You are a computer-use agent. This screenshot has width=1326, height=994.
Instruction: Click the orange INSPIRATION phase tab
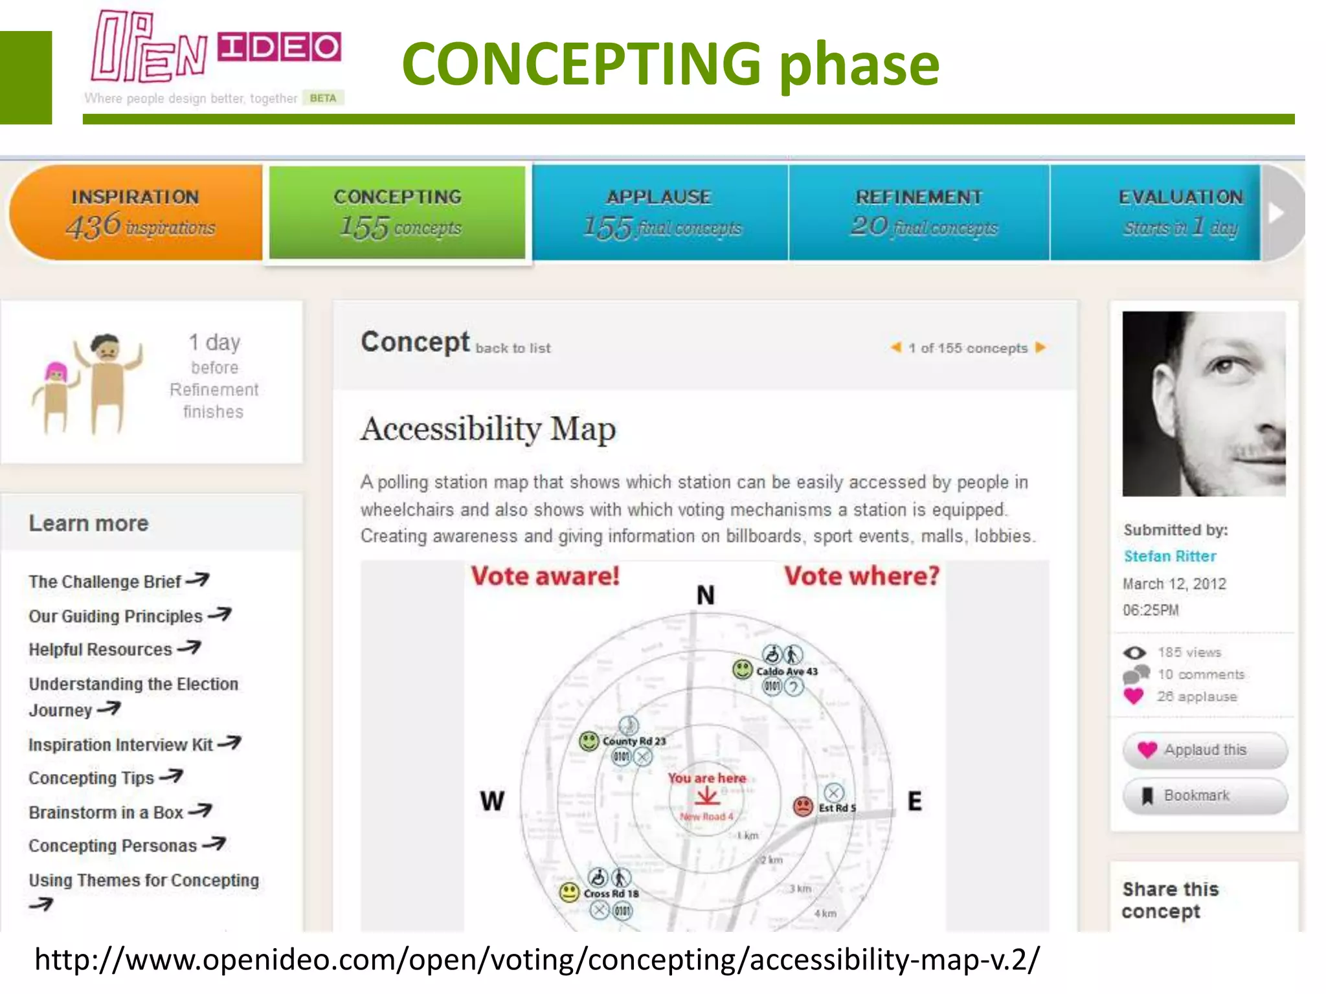pos(136,212)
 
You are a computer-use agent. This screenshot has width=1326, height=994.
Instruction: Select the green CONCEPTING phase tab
pos(398,212)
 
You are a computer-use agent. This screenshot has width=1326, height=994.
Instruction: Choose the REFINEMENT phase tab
pos(919,212)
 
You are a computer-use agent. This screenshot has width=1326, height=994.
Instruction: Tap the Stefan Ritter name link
pos(1169,557)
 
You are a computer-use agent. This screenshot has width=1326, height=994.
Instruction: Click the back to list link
pos(513,348)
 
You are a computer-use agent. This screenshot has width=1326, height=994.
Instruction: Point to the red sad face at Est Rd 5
pos(803,806)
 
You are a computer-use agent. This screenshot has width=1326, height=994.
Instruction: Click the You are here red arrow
pos(707,797)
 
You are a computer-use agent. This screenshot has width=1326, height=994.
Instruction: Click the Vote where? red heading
pos(861,576)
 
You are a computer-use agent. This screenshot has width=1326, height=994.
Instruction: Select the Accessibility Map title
pos(488,429)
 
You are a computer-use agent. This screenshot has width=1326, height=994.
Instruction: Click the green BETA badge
pos(322,98)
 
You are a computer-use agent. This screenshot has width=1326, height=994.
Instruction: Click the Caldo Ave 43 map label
pos(786,672)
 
